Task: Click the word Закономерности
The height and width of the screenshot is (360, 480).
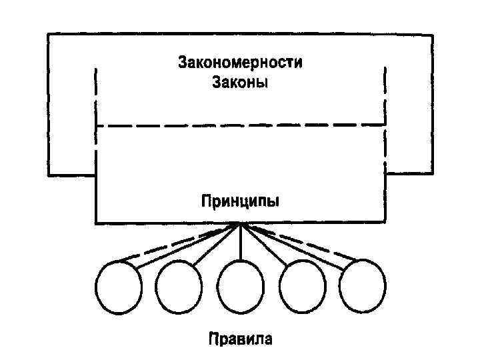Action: pyautogui.click(x=239, y=64)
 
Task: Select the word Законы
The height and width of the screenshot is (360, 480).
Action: pyautogui.click(x=239, y=83)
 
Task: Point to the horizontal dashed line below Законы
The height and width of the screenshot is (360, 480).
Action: pyautogui.click(x=240, y=125)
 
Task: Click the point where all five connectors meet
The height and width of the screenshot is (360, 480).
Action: pyautogui.click(x=240, y=224)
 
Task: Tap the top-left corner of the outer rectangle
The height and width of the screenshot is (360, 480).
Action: pyautogui.click(x=48, y=33)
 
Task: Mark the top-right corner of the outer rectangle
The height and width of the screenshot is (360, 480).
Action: pyautogui.click(x=433, y=33)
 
